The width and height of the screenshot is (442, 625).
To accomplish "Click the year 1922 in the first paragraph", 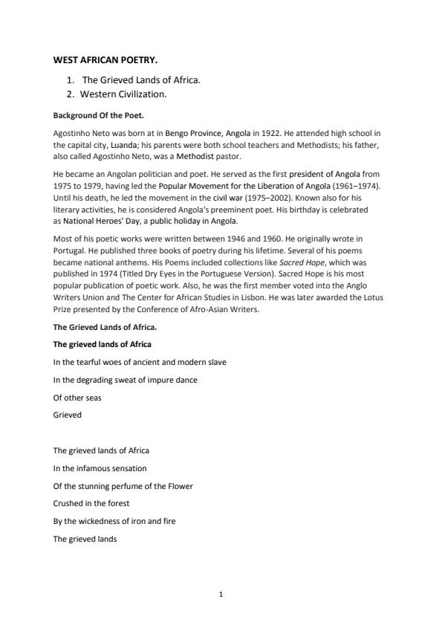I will click(282, 133).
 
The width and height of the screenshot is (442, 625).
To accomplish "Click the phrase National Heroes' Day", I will click(95, 221).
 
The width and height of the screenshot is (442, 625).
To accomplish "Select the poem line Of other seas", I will click(77, 398).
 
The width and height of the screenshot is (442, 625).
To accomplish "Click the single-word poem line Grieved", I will click(67, 415).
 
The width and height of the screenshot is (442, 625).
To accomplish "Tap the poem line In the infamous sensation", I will click(100, 468).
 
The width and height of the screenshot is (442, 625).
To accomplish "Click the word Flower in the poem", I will click(181, 486).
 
